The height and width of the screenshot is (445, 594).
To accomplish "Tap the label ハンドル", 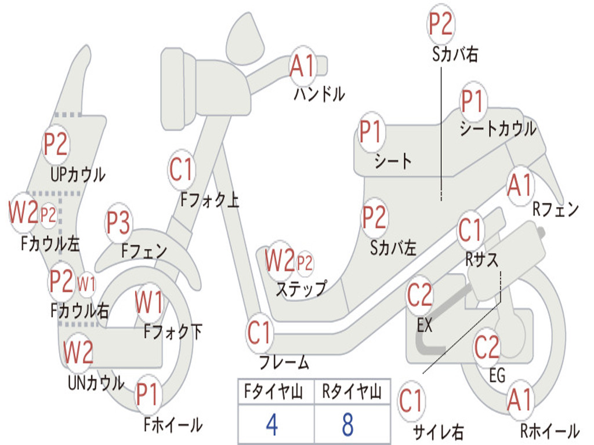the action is coord(319,93).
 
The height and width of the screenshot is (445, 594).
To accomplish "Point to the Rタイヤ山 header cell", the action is coord(352,393).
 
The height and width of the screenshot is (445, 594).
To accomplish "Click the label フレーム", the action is coord(284,363).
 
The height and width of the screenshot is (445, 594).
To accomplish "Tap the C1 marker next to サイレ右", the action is coord(411,401).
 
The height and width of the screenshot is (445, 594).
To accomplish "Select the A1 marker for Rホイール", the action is coord(520,400).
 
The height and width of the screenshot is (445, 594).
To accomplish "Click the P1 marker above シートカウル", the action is coord(473,102).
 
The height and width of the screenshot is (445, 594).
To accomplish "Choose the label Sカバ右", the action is coord(455,55).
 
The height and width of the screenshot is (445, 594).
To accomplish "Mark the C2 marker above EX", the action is coord(419,296).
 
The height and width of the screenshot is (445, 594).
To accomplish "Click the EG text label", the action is coord(497,375).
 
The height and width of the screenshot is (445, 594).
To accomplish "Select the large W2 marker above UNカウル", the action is coord(78,352).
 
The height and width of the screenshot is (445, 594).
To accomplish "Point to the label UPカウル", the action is coord(78,174).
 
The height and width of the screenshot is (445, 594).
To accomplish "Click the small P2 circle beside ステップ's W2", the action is coord(305,264).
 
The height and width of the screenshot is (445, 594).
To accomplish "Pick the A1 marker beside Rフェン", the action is coord(519,185).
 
